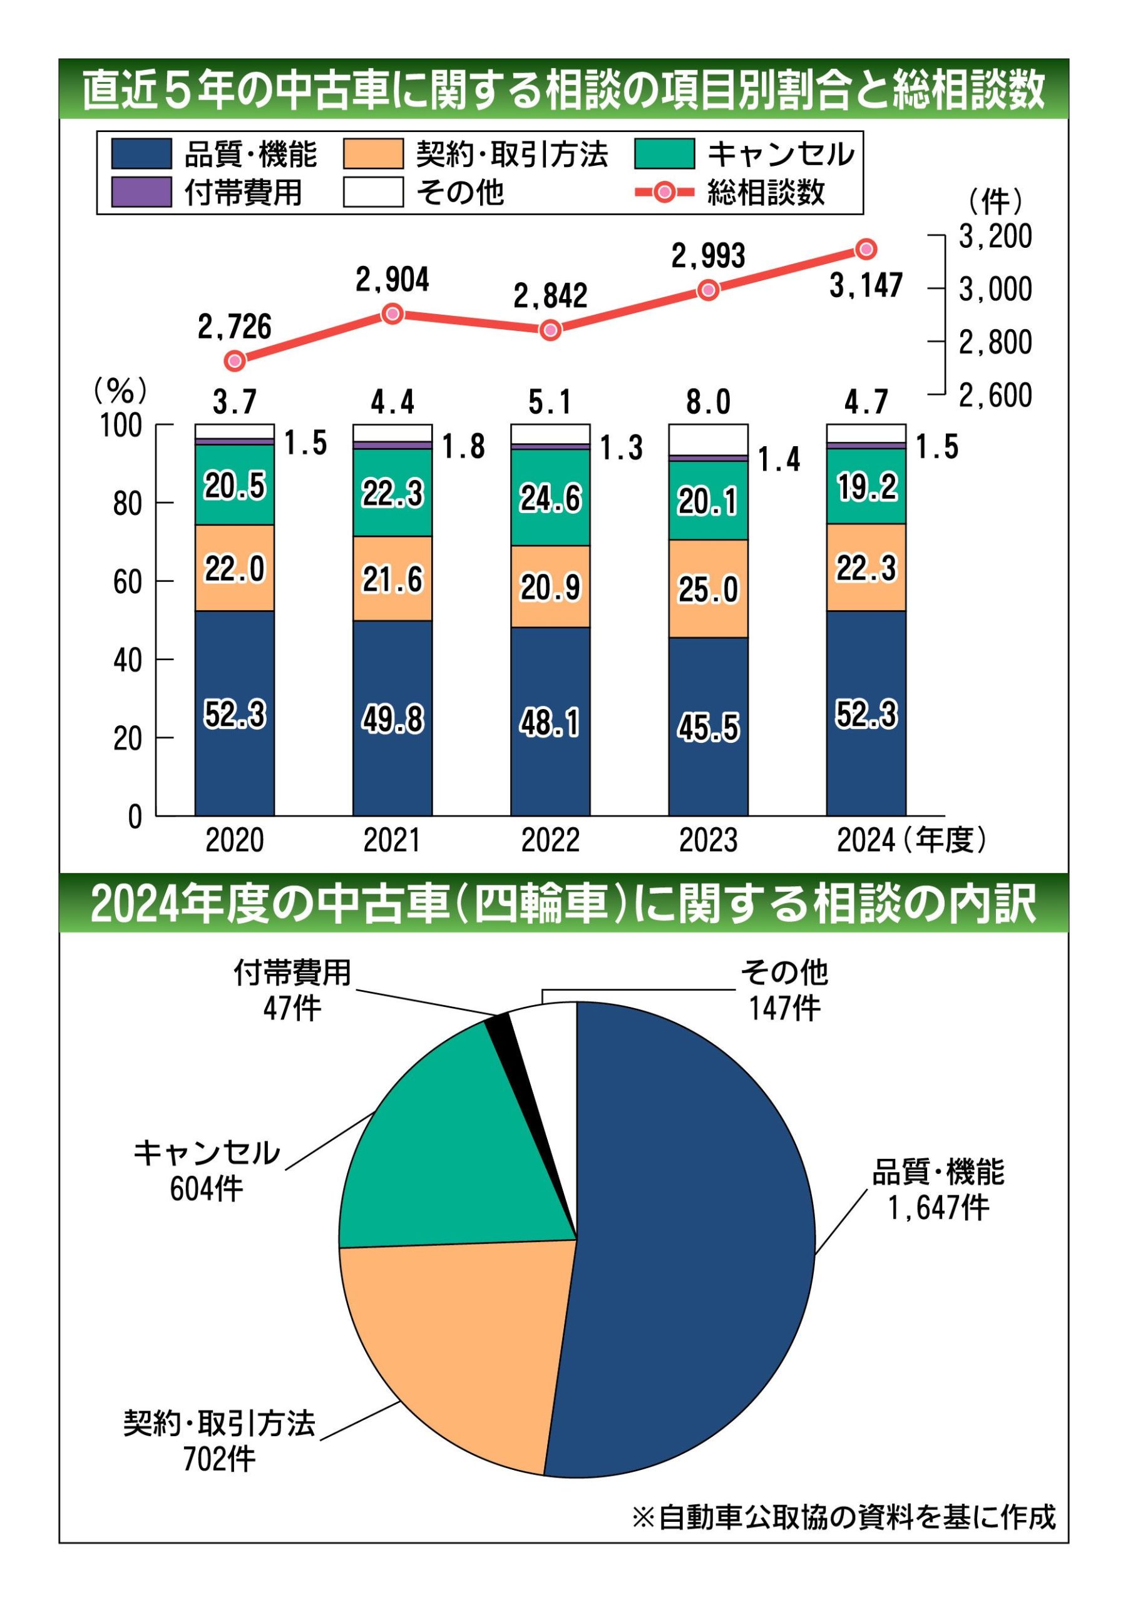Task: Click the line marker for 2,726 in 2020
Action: (235, 360)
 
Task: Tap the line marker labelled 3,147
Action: (866, 248)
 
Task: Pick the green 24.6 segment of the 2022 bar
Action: (550, 497)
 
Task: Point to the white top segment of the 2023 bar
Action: (708, 439)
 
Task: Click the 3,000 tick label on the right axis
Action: (995, 289)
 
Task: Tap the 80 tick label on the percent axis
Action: (128, 504)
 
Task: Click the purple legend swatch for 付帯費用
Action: (141, 192)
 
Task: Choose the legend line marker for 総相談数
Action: (665, 192)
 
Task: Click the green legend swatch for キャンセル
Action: (665, 154)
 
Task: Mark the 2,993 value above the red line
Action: (708, 256)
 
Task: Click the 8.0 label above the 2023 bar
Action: (708, 402)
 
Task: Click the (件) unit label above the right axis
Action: (995, 202)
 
